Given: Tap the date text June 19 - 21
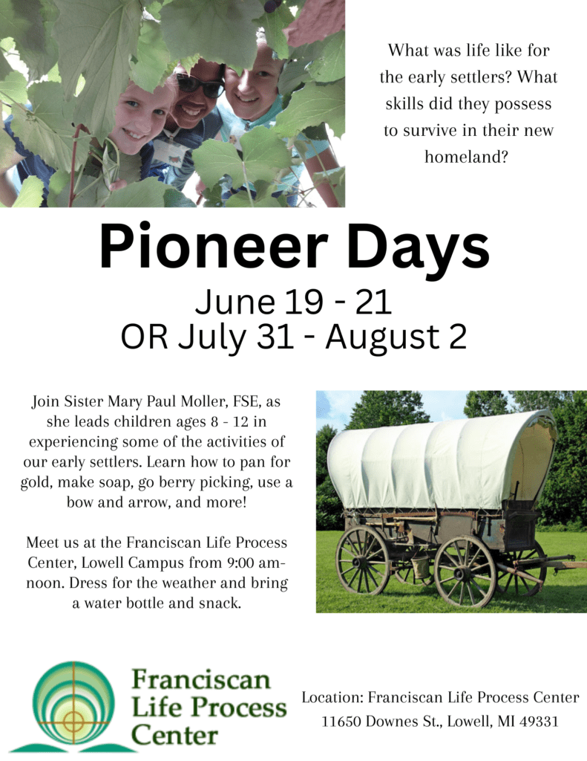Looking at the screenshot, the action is (x=293, y=302).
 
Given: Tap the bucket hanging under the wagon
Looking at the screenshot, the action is (x=420, y=566).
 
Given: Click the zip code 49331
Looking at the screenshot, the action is (x=539, y=722).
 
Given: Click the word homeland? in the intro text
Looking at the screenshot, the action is (x=466, y=157).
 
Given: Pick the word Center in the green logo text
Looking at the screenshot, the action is (x=174, y=736).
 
